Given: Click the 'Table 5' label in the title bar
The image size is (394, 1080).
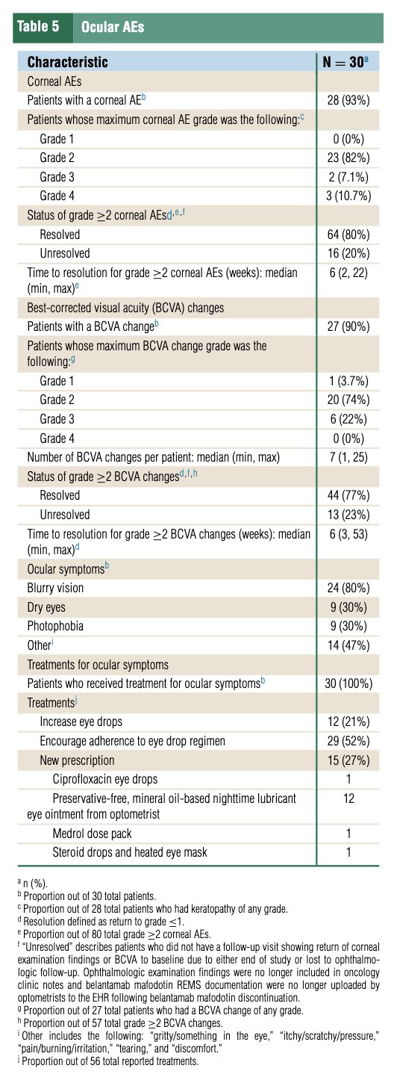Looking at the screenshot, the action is coord(38,27).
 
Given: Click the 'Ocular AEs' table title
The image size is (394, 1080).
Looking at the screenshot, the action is coord(113,27).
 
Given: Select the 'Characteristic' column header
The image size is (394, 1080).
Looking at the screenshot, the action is coord(67,62).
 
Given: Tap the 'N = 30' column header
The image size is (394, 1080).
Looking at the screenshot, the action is coord(345,62).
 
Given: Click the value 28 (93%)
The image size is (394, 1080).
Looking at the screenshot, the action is coord(348,100).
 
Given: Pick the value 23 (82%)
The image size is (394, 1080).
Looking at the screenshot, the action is coord(348,158).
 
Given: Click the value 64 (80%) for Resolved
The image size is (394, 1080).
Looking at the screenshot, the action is coord(348,235).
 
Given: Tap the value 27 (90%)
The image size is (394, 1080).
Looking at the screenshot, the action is coord(348,326).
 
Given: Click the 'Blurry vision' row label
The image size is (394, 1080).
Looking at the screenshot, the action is coord(55,588).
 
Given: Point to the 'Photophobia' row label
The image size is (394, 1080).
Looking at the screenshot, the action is coord(55,626).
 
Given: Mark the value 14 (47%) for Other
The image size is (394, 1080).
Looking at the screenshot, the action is coord(348,645).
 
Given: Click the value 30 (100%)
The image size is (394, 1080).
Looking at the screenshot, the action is coord(348,683).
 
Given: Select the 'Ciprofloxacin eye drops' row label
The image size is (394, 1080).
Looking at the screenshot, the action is coord(105,779).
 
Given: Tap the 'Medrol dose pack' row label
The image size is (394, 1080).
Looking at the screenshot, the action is coord(92,834).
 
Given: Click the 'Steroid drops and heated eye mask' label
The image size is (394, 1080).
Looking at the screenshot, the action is coord(130,852).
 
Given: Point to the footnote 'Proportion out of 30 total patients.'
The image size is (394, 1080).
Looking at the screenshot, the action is coord(90,896).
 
